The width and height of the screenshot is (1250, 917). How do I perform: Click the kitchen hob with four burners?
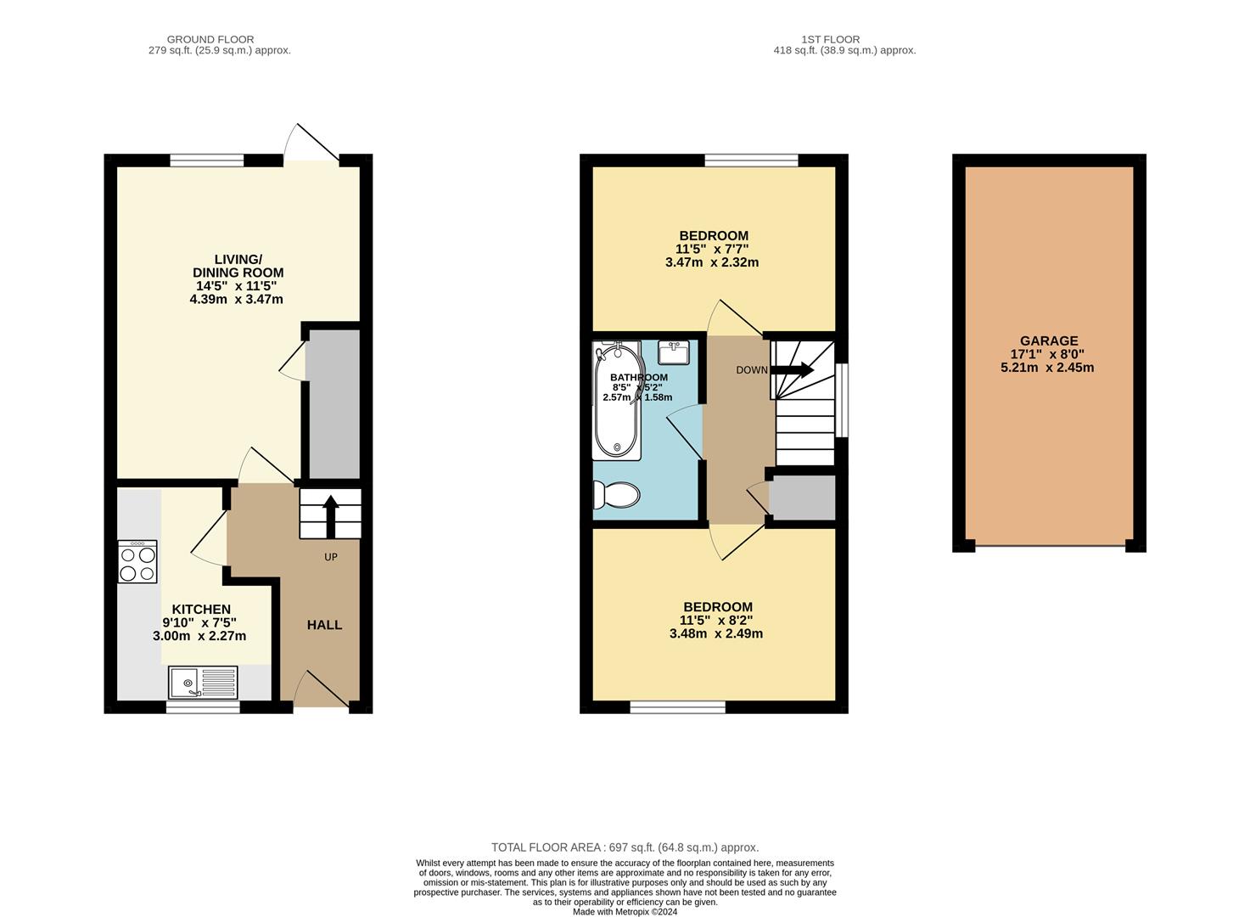point(137,562)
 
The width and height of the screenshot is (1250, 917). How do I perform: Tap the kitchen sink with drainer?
point(204,683)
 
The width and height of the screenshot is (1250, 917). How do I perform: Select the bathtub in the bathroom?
point(617,402)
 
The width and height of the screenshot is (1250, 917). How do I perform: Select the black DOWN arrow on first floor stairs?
point(791,369)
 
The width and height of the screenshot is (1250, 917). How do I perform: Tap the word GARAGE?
point(1049,341)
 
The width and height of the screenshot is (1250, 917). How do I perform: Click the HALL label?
point(324,625)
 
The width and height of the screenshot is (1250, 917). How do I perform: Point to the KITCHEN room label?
point(201,610)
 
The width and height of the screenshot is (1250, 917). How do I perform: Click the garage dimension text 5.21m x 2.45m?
point(1047,368)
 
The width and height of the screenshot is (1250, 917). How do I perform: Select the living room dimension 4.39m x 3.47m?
point(237,300)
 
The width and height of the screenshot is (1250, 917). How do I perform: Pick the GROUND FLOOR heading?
point(210,39)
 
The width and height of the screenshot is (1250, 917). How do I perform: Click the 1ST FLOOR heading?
point(830,39)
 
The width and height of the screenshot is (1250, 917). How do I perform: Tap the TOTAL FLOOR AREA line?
point(625,847)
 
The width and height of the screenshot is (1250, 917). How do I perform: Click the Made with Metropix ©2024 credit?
point(625,912)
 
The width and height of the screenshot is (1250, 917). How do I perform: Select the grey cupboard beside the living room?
point(333,403)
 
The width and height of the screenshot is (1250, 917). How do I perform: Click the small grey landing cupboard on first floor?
point(802,498)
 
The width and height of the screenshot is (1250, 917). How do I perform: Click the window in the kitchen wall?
point(203,706)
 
